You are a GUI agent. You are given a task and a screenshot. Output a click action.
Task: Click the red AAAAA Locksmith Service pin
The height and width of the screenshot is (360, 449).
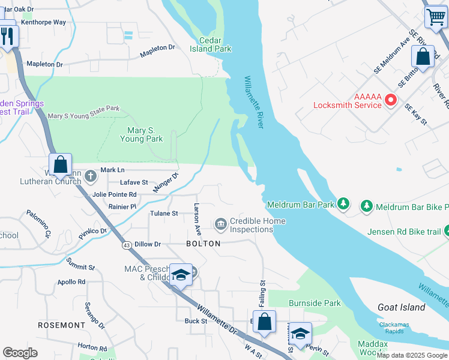[x=391, y=100]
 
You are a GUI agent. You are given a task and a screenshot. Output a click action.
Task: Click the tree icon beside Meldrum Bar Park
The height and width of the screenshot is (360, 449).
[x=343, y=205]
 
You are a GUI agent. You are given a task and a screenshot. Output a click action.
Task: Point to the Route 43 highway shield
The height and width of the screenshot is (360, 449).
[x=127, y=245]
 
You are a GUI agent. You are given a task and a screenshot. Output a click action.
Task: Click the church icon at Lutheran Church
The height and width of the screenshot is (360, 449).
[x=90, y=176]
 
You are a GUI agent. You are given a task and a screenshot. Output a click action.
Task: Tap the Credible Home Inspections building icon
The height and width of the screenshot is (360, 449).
[x=220, y=224]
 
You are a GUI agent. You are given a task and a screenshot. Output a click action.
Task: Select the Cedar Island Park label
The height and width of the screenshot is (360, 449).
[x=215, y=44]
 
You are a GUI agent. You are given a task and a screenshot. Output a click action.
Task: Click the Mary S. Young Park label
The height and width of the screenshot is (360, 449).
[x=142, y=134]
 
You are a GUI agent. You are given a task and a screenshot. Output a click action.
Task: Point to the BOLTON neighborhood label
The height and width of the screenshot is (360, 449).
[x=203, y=244]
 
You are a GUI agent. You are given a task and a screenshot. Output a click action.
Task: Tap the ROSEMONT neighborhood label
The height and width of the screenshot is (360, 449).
[x=62, y=325]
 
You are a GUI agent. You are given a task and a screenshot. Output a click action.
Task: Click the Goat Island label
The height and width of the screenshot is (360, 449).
[x=402, y=307]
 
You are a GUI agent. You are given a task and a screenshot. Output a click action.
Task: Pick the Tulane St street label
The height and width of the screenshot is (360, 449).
[x=164, y=214]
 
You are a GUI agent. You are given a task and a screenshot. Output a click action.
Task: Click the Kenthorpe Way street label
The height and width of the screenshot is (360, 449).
[x=43, y=22]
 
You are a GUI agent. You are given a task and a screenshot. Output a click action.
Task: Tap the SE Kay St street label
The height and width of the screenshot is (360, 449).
[x=415, y=114]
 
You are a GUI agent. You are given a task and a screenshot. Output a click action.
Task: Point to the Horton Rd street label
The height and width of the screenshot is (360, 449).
[x=92, y=347]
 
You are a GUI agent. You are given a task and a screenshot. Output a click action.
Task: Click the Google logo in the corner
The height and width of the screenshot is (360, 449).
[x=20, y=353]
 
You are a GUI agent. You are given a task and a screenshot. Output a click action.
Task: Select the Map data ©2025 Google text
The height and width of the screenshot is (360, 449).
[x=412, y=355]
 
